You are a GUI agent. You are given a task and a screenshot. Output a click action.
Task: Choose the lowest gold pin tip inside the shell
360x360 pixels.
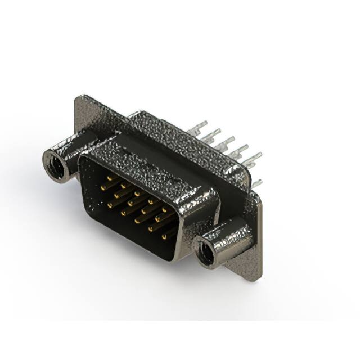pos(165,236)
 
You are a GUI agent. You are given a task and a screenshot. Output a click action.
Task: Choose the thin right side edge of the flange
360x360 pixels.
pos(260,236)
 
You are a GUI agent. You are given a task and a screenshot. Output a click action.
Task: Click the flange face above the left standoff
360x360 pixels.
pos(84,121)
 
